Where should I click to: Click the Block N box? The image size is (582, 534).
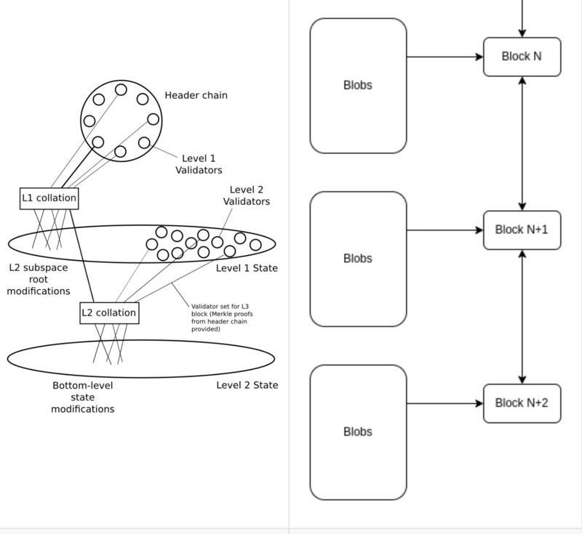coord(522,57)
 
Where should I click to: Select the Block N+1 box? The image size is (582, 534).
coord(522,230)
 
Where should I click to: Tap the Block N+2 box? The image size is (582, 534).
coord(522,403)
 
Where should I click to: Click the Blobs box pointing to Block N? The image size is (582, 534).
coord(358,86)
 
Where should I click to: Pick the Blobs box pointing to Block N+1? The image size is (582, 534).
coord(358,259)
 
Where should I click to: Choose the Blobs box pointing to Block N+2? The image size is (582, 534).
coord(358,432)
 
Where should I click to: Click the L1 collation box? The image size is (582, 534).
coord(49,198)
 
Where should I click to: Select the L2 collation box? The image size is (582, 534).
coord(108,313)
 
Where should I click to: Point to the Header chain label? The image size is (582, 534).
coord(196,95)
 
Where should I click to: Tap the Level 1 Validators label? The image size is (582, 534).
coord(199,164)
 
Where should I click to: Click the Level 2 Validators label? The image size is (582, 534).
coord(246,196)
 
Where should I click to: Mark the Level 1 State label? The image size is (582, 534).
coord(247,268)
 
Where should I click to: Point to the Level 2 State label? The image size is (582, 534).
coord(247,385)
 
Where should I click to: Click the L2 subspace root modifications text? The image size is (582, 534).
coord(39,279)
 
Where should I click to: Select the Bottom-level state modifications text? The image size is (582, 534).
coord(82,397)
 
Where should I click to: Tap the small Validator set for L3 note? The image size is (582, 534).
coord(222,317)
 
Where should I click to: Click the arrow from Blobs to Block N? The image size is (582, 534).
coord(445,57)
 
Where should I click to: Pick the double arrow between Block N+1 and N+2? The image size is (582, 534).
coord(522,317)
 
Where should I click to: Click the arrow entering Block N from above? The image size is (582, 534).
coord(522,18)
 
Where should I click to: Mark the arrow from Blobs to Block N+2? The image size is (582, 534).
coord(445,403)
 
